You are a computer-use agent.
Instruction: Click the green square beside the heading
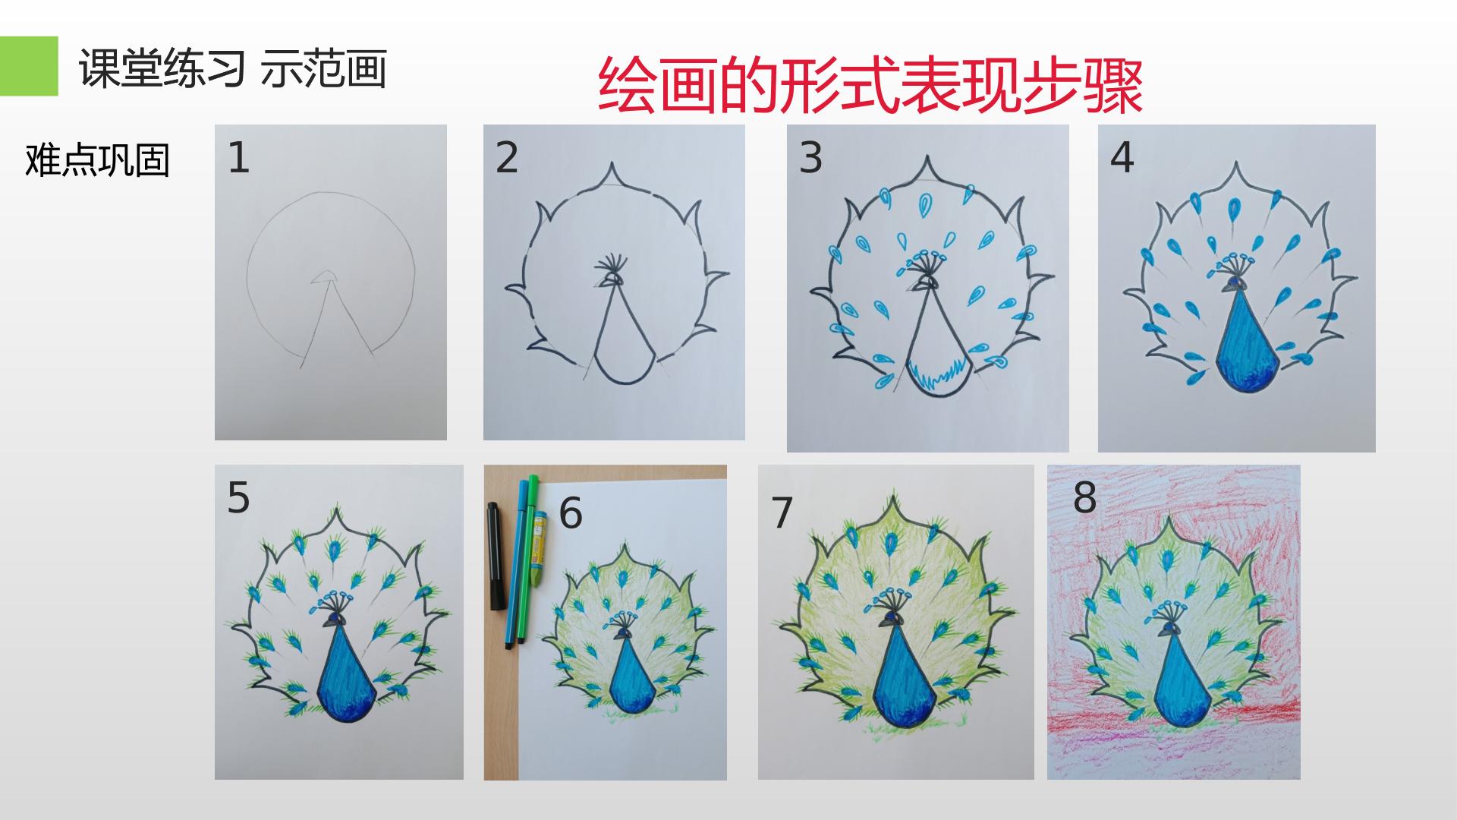point(29,66)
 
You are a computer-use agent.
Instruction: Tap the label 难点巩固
point(97,160)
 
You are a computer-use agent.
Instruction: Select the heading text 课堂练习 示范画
point(233,69)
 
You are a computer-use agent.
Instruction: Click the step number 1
point(238,159)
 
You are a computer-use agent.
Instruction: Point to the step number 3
point(810,158)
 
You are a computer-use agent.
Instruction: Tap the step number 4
point(1122,158)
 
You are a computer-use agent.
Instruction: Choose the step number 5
point(238,498)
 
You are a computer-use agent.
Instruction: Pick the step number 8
point(1085,498)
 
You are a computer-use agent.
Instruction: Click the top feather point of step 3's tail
point(927,160)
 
